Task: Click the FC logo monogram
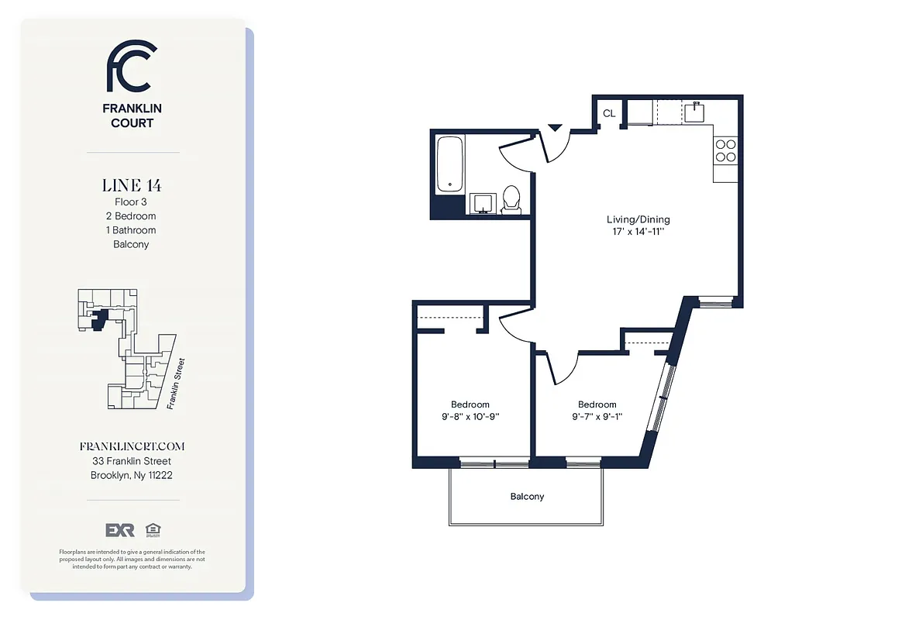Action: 132,67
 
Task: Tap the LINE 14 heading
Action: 132,185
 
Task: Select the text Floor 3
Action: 131,202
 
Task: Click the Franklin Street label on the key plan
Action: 175,383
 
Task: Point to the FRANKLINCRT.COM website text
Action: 132,446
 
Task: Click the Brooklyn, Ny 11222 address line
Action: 132,475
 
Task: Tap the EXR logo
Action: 120,530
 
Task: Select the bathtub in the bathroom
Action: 449,164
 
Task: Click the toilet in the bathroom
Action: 511,199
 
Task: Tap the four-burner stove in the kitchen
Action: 725,150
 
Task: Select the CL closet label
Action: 609,113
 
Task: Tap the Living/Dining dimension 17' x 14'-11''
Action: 638,232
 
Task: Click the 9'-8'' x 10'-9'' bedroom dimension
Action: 470,416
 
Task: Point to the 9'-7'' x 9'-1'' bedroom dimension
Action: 597,416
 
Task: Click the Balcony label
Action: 527,497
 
